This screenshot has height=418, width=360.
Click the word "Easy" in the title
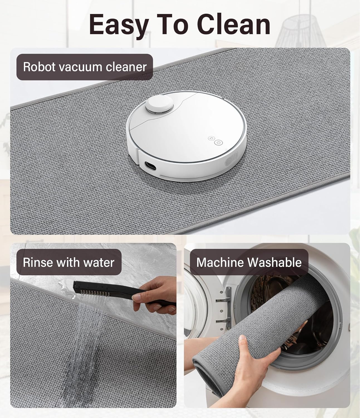tap(119, 25)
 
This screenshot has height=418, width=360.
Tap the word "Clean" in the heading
tap(234, 25)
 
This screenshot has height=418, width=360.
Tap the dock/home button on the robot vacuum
tap(211, 138)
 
